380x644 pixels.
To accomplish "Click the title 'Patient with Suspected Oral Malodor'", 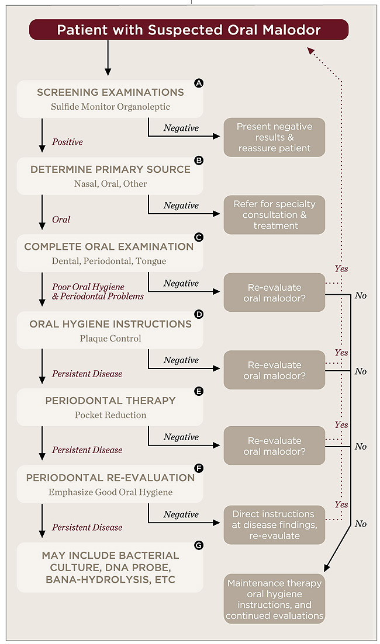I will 189,30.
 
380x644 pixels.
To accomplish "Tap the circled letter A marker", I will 199,83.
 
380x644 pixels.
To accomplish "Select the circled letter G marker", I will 199,546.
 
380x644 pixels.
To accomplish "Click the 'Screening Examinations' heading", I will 110,92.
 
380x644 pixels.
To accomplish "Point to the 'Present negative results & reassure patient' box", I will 274,138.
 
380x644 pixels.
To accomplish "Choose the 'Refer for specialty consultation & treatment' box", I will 274,215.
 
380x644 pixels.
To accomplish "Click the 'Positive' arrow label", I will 67,142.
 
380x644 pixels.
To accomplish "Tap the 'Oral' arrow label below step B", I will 61,220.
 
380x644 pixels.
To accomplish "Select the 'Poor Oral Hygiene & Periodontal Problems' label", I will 98,291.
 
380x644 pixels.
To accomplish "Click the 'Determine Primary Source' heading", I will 110,169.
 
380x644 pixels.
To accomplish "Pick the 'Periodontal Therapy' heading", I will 110,401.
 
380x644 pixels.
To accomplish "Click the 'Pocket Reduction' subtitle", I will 110,415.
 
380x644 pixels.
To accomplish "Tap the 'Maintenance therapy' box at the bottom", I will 274,598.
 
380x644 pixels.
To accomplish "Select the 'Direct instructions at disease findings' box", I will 274,524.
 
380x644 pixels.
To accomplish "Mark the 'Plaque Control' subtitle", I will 110,338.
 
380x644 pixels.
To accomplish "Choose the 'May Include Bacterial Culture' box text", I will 110,567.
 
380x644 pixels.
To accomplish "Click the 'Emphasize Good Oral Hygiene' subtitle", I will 110,492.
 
